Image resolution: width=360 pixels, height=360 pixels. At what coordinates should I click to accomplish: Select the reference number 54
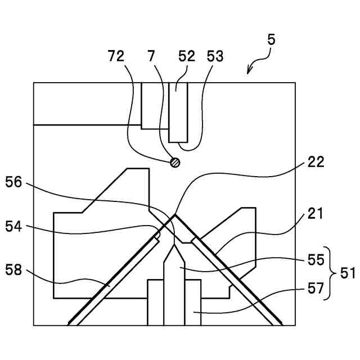click(x=14, y=226)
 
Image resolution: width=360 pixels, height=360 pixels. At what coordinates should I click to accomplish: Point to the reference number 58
click(x=14, y=271)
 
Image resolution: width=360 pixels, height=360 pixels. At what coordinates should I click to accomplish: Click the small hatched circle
click(x=175, y=163)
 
